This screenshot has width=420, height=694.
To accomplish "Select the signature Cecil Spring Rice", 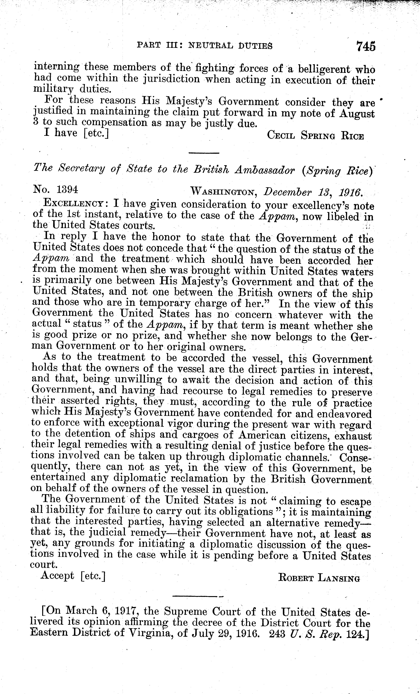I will pos(315,136).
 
